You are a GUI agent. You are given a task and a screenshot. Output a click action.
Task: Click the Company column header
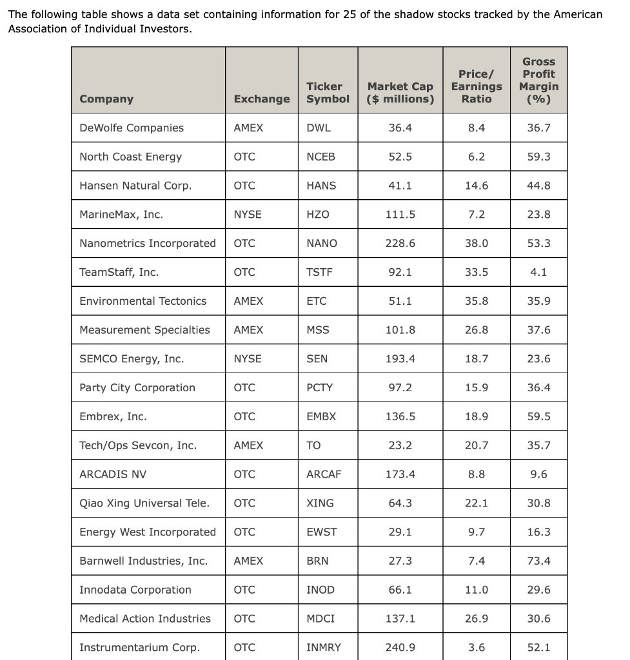coord(106,99)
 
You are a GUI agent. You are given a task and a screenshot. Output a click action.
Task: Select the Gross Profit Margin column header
coord(538,80)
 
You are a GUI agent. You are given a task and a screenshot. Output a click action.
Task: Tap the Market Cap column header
coord(400,92)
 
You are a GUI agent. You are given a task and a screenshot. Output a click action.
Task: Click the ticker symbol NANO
coord(322,243)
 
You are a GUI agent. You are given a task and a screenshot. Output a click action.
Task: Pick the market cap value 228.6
coord(400,243)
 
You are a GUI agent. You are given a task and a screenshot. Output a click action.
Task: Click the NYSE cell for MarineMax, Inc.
coord(248,215)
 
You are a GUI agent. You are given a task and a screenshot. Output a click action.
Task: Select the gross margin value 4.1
coord(538,272)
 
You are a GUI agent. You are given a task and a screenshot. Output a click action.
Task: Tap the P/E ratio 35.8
coord(477,301)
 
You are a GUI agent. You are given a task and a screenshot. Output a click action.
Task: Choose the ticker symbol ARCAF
coord(324,474)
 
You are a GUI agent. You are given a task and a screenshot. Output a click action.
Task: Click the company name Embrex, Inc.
coord(113,416)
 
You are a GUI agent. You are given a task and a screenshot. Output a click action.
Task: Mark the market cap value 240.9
coord(400,647)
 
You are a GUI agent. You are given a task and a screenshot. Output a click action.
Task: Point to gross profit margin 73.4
coord(538,561)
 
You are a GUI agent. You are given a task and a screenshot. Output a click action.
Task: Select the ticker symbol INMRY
coord(324,647)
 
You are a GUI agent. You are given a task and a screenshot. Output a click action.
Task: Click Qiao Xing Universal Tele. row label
coord(144,503)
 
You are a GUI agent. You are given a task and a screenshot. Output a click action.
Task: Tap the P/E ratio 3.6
coord(477,647)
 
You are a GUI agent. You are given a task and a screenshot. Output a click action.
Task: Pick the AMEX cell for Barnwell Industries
coord(248,561)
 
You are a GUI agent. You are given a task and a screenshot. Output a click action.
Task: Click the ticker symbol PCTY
coord(320,387)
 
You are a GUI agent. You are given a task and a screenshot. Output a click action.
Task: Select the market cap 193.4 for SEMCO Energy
coord(400,359)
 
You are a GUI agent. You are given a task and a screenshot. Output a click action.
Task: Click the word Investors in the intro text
coord(165,29)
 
